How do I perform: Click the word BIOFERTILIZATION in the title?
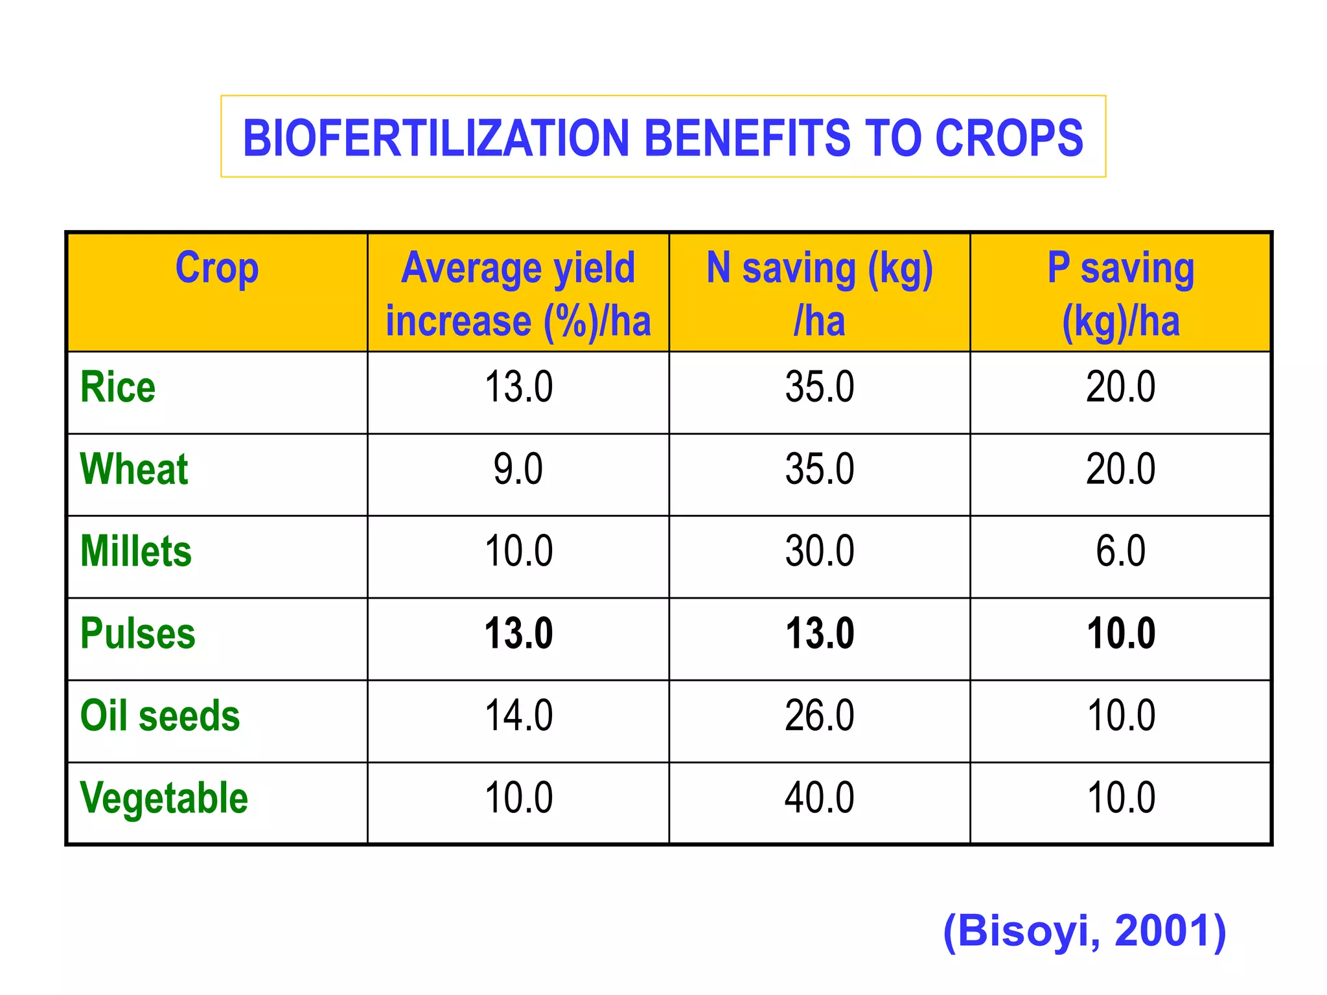tap(435, 138)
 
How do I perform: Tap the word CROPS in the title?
tap(1009, 138)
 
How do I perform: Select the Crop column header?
tap(217, 268)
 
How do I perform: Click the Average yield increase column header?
tap(518, 294)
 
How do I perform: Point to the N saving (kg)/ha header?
tap(819, 294)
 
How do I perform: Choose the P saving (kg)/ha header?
tap(1120, 294)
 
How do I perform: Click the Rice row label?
tap(118, 387)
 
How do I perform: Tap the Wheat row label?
tap(134, 469)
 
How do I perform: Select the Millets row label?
tap(136, 551)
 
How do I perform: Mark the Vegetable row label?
tap(164, 797)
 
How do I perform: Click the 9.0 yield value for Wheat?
tap(518, 469)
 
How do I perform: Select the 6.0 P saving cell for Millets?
tap(1120, 551)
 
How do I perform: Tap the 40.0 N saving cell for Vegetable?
tap(819, 797)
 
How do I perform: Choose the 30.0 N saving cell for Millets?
tap(819, 551)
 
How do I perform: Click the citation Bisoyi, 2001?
tap(1085, 931)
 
